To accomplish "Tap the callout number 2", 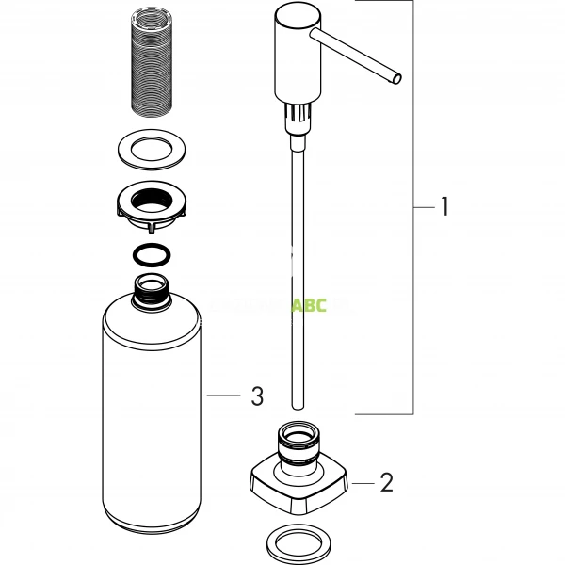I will [x=385, y=483].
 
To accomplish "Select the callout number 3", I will [x=257, y=397].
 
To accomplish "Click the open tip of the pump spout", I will [x=397, y=77].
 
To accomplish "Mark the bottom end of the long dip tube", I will [x=297, y=406].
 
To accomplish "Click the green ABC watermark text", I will [x=310, y=306].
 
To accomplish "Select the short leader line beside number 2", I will [x=361, y=482].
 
